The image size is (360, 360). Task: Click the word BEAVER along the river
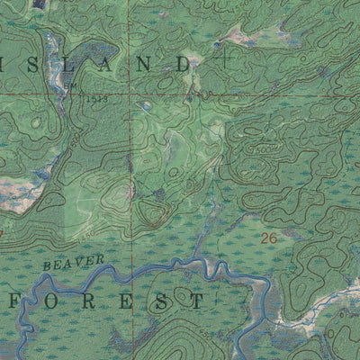click(74, 264)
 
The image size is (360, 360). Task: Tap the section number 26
click(267, 238)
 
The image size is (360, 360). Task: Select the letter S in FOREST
click(162, 301)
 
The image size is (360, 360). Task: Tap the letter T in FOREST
click(198, 301)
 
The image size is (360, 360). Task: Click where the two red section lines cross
click(128, 94)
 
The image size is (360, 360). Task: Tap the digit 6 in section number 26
click(273, 238)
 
